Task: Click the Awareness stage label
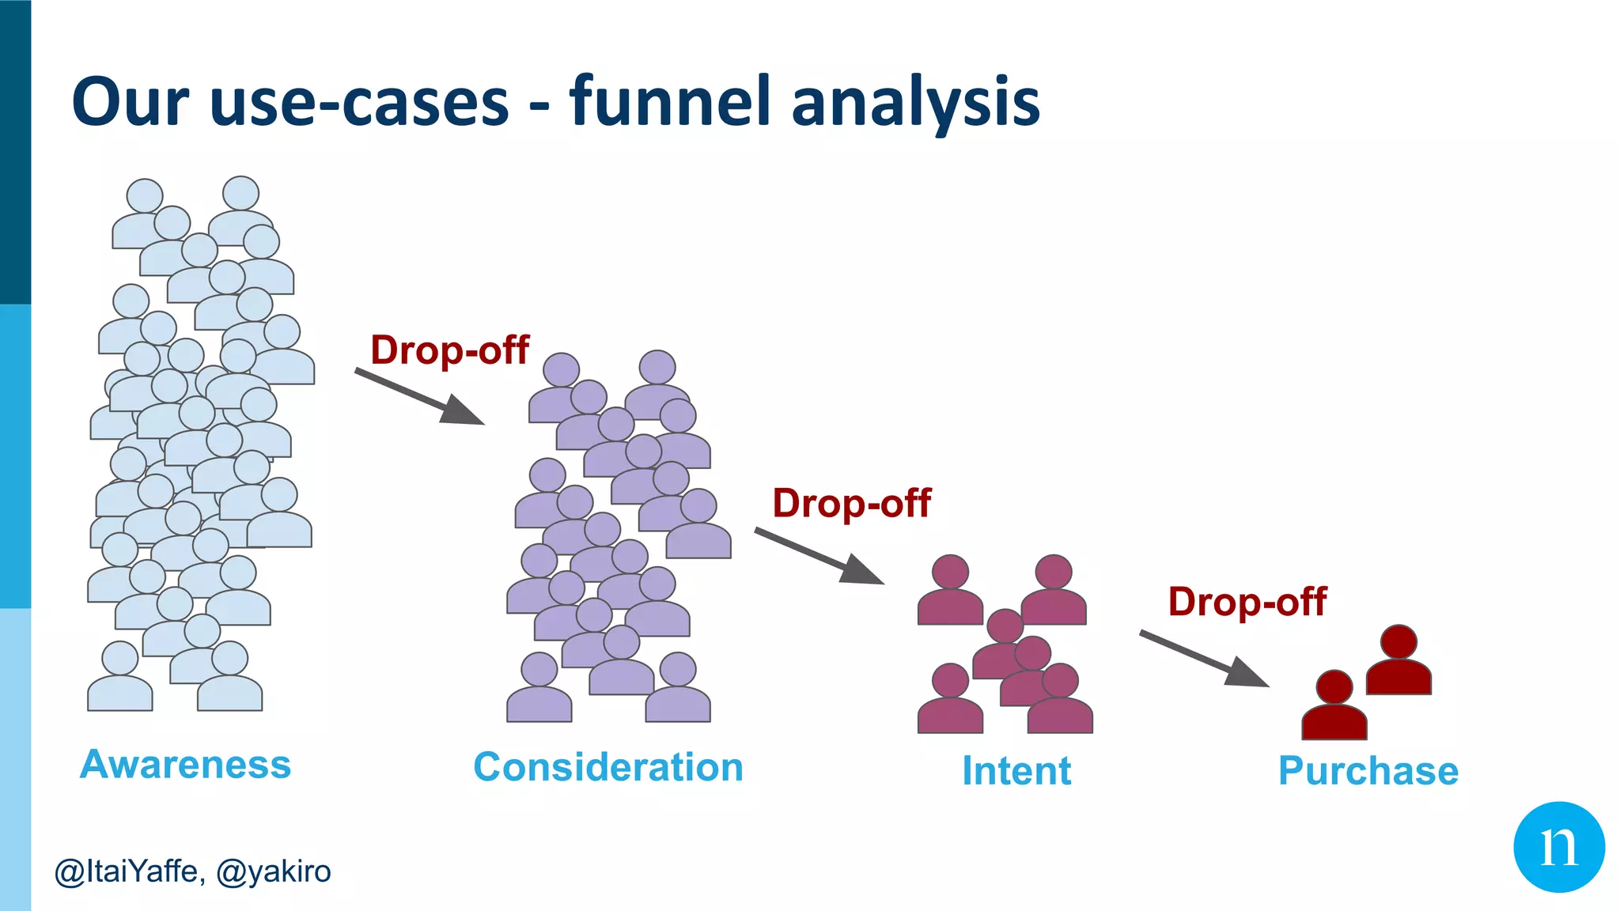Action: point(186,765)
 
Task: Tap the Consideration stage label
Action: point(608,767)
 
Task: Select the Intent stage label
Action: point(1016,771)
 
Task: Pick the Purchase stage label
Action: point(1368,771)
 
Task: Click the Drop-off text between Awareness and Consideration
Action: point(449,350)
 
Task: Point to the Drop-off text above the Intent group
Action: point(851,504)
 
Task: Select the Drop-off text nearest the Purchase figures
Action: point(1247,602)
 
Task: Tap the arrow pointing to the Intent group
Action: point(819,557)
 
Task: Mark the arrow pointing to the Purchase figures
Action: point(1204,659)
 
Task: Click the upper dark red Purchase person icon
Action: point(1399,663)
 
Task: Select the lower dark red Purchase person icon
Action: point(1334,708)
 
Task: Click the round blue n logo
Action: point(1558,847)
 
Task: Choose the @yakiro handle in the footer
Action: point(273,871)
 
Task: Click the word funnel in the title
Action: point(669,101)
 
